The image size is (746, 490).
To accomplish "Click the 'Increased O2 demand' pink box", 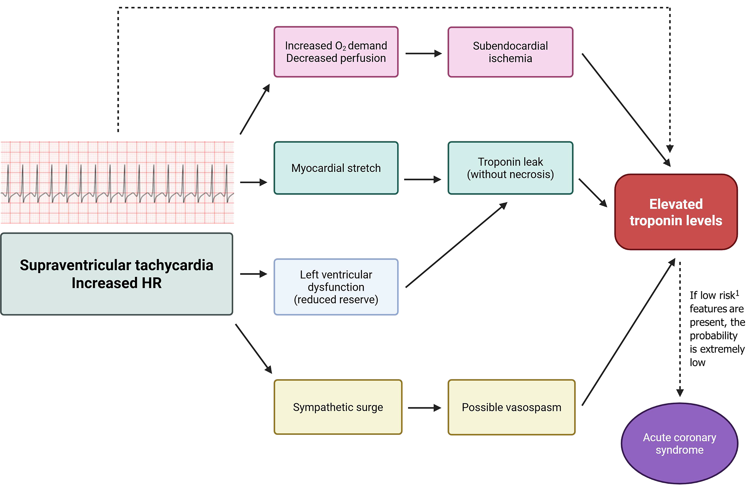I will [x=336, y=52].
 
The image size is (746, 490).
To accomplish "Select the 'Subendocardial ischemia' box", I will [x=510, y=52].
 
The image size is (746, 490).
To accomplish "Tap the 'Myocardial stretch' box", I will [x=336, y=168].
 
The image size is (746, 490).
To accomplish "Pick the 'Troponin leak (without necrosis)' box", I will [x=510, y=168].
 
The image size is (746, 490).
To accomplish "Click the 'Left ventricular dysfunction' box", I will [x=336, y=287].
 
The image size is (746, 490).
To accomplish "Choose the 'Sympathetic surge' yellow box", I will [x=338, y=407].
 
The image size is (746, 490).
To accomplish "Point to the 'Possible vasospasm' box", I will [x=511, y=407].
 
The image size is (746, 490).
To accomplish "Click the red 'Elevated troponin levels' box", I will [x=676, y=212].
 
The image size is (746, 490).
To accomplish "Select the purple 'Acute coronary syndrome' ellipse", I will [x=679, y=443].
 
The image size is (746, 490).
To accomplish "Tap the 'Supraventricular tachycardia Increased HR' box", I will [x=116, y=274].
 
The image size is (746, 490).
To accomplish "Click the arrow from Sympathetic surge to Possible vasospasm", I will [x=424, y=408].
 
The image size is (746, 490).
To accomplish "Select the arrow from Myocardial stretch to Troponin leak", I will [x=422, y=179].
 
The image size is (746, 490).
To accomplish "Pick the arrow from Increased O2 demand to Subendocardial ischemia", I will [x=423, y=53].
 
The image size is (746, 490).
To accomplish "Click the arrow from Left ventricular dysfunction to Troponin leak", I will [x=456, y=245].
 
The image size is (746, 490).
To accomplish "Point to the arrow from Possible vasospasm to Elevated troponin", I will [x=628, y=332].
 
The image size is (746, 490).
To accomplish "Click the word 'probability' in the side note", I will [x=713, y=336].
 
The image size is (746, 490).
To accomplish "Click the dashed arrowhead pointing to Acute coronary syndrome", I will [x=680, y=393].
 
